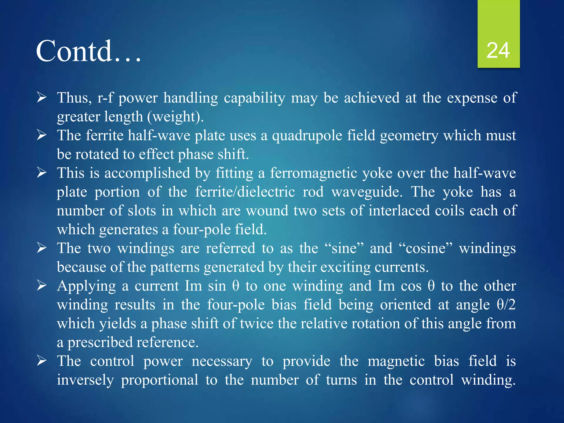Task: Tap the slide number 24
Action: coord(498,51)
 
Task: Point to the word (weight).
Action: coord(175,117)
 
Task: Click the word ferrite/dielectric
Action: coord(245,192)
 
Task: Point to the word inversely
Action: coord(85,380)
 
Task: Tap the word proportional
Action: coord(159,380)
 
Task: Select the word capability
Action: coord(254,98)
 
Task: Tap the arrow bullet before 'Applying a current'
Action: coord(42,286)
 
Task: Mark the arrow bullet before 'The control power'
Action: coord(42,361)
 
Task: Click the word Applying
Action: coord(86,286)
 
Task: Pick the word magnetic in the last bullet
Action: coord(396,361)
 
